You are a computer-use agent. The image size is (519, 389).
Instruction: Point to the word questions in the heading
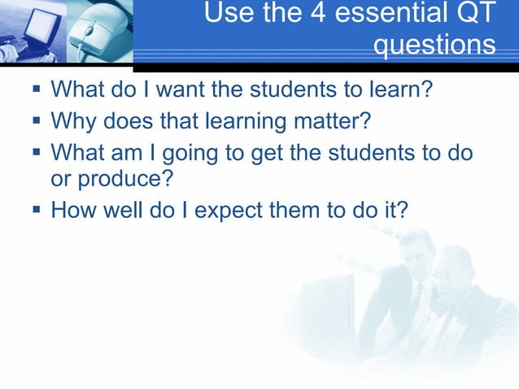click(x=434, y=46)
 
